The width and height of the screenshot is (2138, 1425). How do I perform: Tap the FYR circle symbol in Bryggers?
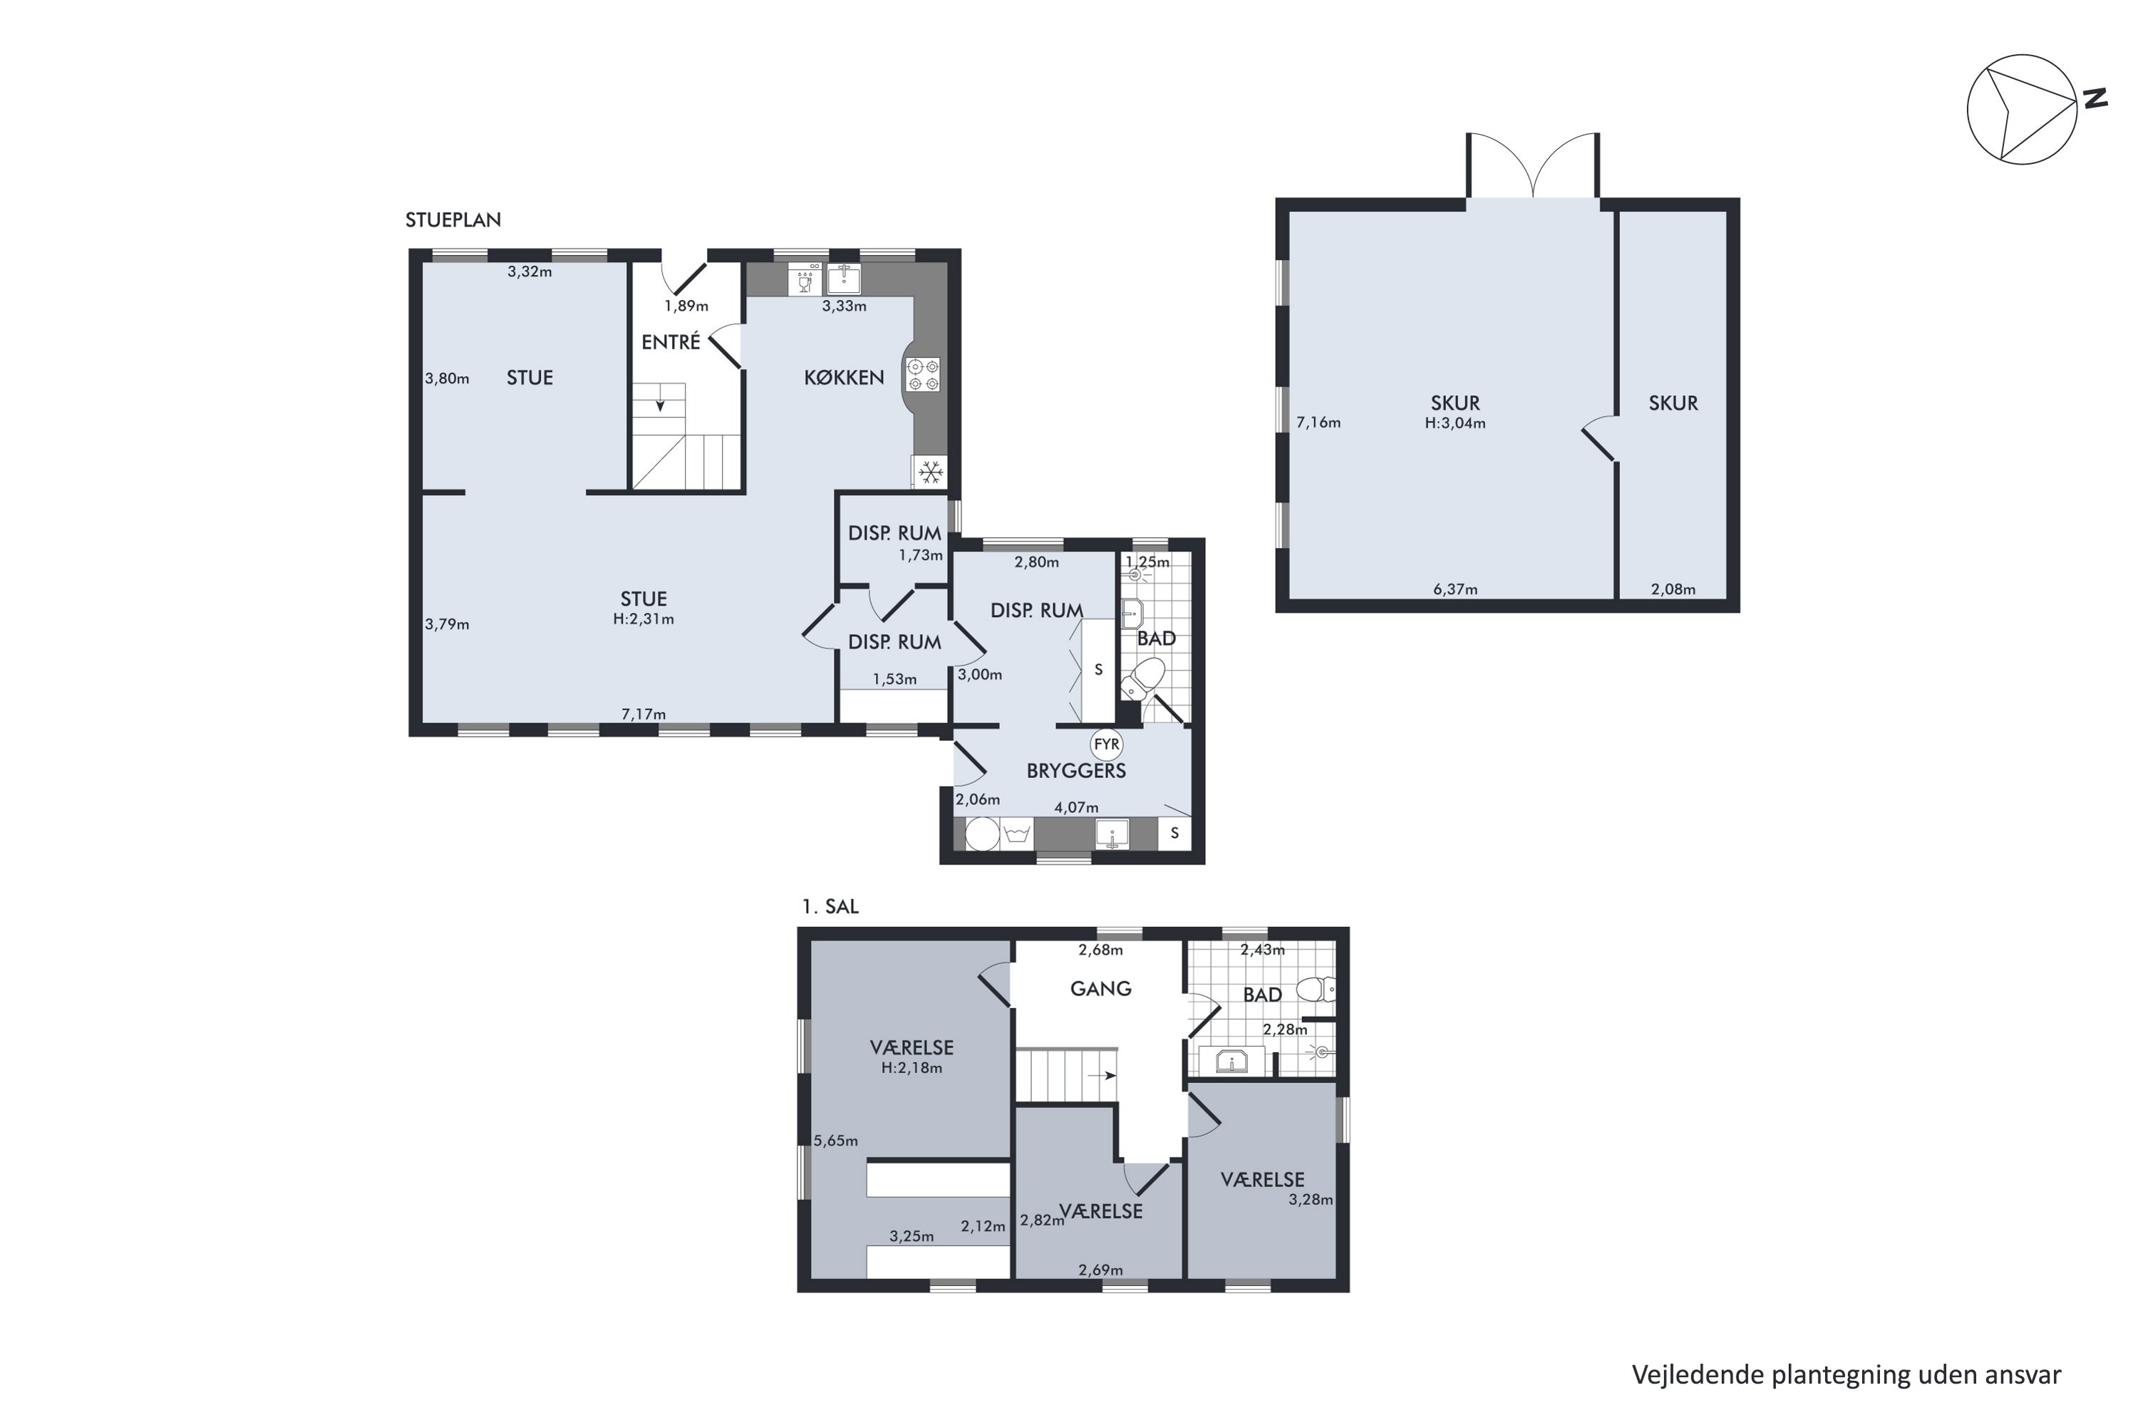[x=1106, y=745]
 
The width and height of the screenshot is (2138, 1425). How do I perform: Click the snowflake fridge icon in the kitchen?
[x=930, y=472]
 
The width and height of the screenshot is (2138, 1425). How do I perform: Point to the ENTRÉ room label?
[x=671, y=343]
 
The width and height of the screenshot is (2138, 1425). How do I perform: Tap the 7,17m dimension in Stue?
[x=644, y=715]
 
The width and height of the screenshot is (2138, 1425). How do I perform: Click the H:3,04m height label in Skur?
[x=1455, y=423]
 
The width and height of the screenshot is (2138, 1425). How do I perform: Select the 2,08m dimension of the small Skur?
[x=1673, y=589]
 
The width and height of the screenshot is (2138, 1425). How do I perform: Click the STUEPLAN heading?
[x=453, y=220]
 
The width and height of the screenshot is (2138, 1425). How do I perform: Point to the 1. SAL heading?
[x=830, y=906]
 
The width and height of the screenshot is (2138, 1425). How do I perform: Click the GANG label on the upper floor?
[x=1101, y=989]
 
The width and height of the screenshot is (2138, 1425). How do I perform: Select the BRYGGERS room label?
[x=1076, y=771]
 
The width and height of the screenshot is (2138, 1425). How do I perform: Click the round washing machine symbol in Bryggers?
[x=982, y=834]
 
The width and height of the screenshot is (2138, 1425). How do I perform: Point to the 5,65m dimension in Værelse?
[x=835, y=1141]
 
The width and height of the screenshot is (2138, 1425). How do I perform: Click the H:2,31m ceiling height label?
[x=644, y=620]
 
